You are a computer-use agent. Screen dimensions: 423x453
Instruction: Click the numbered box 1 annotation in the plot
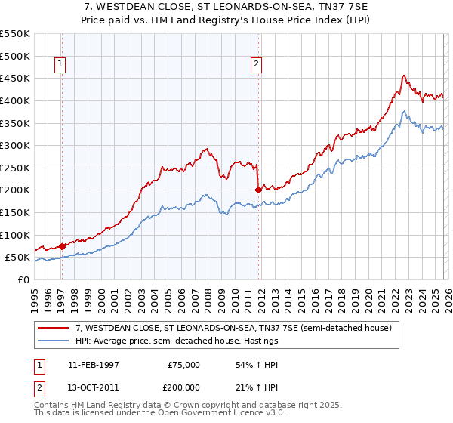[60, 65]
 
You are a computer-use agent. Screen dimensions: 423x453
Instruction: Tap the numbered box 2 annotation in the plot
[257, 65]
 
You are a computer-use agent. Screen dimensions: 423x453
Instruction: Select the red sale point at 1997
[62, 245]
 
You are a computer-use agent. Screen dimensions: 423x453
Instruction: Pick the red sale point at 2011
[258, 190]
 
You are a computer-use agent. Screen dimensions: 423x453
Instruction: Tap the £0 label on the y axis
[23, 279]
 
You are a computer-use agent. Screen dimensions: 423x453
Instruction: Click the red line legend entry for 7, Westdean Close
[226, 329]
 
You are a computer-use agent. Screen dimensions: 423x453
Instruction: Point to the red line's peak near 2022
[404, 76]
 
